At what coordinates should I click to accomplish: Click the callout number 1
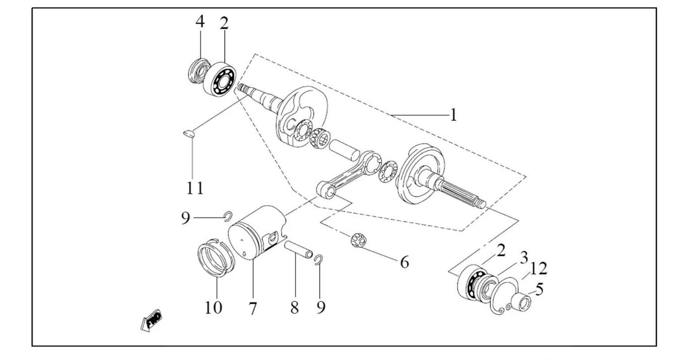pos(453,115)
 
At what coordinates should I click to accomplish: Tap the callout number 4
pos(200,21)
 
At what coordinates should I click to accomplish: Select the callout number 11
pos(194,188)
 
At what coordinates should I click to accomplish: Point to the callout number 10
pos(214,308)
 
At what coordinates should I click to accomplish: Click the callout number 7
pos(253,308)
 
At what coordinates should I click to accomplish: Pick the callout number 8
pos(294,308)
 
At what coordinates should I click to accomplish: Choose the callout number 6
pos(404,262)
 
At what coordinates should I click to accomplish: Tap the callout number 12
pos(538,268)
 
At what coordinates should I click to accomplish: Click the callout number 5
pos(539,289)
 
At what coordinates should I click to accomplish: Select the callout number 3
pos(524,258)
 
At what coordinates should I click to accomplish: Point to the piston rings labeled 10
pos(216,258)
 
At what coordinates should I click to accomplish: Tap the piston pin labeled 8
pos(299,250)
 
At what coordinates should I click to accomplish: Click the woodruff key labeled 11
pos(189,134)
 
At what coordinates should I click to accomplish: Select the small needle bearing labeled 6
pos(359,240)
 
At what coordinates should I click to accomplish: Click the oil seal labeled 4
pos(199,71)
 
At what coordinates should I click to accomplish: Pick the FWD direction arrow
pos(151,321)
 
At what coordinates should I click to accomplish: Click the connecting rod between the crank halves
pos(349,175)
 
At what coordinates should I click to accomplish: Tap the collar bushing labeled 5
pos(521,302)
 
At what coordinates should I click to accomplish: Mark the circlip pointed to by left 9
pos(228,216)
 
